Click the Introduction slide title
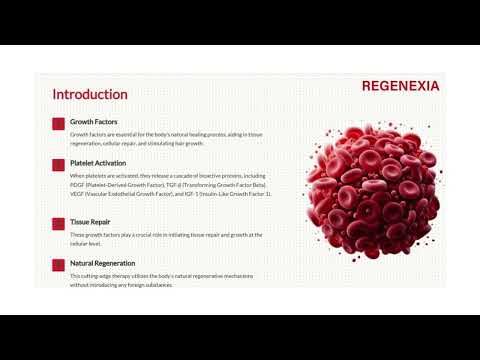(90, 94)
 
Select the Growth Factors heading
(93, 122)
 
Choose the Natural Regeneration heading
(105, 263)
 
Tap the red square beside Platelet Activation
(58, 163)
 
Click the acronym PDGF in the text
(78, 185)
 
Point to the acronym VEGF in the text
(78, 194)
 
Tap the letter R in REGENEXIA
(367, 86)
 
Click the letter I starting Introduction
(55, 94)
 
